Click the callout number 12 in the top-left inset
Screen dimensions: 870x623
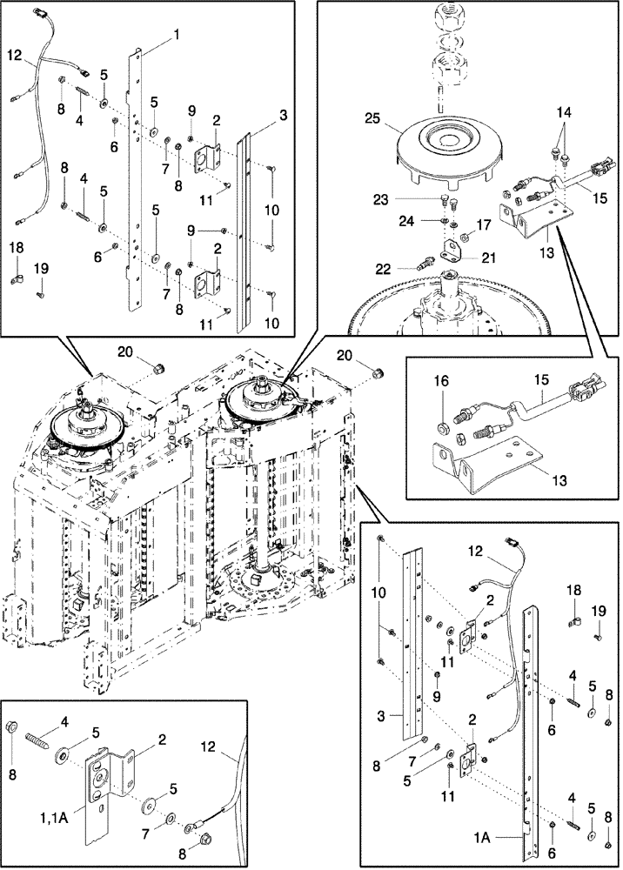click(x=14, y=54)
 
